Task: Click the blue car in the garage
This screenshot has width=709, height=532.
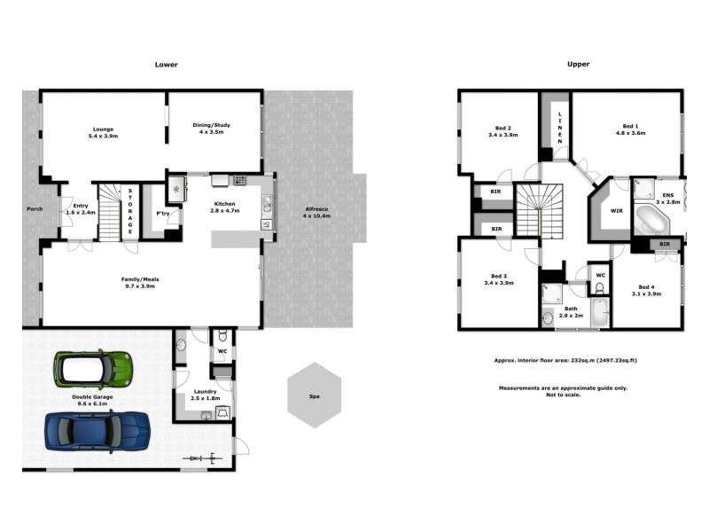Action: pos(97,432)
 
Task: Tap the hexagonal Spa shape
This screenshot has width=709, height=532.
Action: pos(314,395)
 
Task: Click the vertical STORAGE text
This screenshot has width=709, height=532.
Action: pos(130,211)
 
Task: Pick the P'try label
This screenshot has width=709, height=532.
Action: pos(163,214)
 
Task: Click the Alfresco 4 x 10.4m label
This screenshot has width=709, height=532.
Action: pos(316,211)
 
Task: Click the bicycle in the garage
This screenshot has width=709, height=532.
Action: pos(203,458)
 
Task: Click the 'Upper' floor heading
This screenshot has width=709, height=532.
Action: pos(578,65)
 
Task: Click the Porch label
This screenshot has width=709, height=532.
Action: pos(34,210)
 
